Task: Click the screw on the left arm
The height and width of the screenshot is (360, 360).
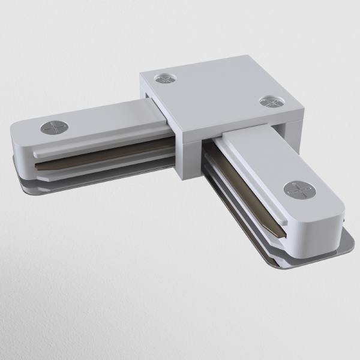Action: [x=53, y=127]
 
